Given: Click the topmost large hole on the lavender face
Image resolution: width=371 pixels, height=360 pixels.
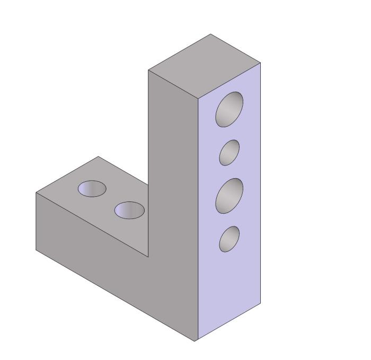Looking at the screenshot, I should pyautogui.click(x=229, y=109).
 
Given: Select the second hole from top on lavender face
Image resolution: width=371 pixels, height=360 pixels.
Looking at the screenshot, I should pyautogui.click(x=229, y=152).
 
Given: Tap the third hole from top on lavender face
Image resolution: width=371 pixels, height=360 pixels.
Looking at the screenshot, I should pyautogui.click(x=229, y=196).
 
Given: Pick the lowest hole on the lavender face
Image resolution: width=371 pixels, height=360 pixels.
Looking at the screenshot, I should pyautogui.click(x=229, y=239).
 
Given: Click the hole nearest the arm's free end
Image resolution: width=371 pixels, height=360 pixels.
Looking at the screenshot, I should pyautogui.click(x=92, y=188).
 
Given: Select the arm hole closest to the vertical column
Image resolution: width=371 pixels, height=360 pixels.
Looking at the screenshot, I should pyautogui.click(x=129, y=210).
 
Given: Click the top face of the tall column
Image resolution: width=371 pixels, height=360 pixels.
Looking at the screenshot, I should pyautogui.click(x=205, y=66).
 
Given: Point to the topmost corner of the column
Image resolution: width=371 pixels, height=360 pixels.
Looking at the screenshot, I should pyautogui.click(x=211, y=34).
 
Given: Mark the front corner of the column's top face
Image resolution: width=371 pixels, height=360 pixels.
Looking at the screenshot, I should pyautogui.click(x=198, y=99).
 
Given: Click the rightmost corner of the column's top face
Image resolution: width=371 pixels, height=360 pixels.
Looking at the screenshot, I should pyautogui.click(x=261, y=63).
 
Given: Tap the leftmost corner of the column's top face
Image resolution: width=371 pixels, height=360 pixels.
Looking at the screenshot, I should pyautogui.click(x=148, y=70).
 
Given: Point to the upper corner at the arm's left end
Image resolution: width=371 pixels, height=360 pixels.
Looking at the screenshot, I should pyautogui.click(x=36, y=192).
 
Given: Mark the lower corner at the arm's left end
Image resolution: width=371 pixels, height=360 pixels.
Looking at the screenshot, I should pyautogui.click(x=36, y=250).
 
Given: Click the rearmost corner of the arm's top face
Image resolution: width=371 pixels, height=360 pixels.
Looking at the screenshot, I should pyautogui.click(x=98, y=156).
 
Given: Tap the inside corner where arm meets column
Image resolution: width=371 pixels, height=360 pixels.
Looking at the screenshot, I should pyautogui.click(x=148, y=257).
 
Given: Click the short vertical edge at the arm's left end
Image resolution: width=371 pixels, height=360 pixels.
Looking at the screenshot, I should pyautogui.click(x=36, y=221).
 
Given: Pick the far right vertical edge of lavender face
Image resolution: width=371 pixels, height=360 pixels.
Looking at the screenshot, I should pyautogui.click(x=261, y=183).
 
